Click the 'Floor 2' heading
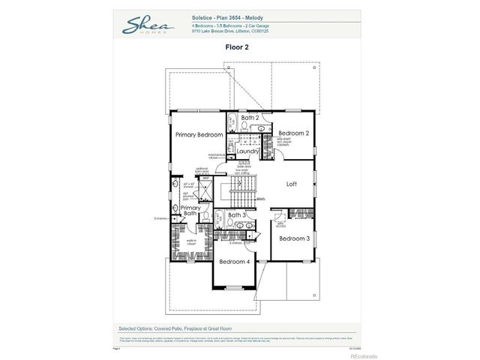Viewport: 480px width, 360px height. [x=236, y=46]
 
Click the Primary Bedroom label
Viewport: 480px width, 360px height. [x=199, y=134]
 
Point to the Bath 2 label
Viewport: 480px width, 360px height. [x=250, y=118]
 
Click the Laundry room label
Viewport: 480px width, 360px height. [x=247, y=151]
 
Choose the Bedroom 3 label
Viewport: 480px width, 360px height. [x=294, y=238]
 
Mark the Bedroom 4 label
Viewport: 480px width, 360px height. [x=234, y=262]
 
